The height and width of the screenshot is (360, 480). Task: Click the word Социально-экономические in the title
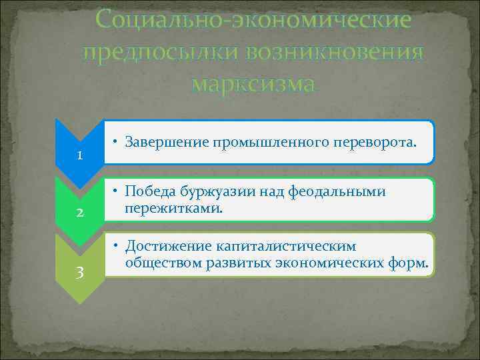pyautogui.click(x=253, y=20)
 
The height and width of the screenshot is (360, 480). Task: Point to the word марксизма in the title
pyautogui.click(x=253, y=84)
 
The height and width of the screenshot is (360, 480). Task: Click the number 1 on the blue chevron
pyautogui.click(x=79, y=156)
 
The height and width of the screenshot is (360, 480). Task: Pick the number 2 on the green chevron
pyautogui.click(x=79, y=213)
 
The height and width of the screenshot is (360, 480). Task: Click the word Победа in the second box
pyautogui.click(x=150, y=193)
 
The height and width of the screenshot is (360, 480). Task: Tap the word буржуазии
pyautogui.click(x=217, y=193)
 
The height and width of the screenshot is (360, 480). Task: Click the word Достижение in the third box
pyautogui.click(x=166, y=247)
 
